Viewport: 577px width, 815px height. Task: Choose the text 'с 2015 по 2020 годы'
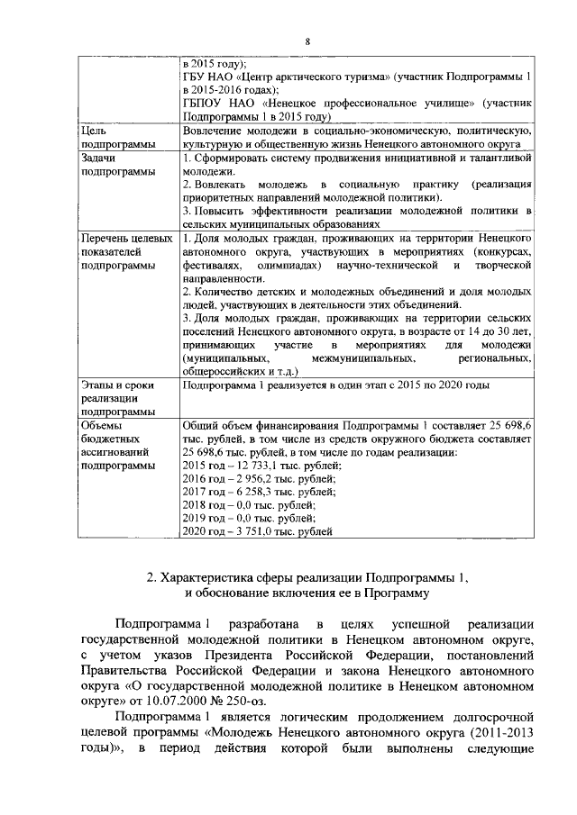click(x=434, y=385)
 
